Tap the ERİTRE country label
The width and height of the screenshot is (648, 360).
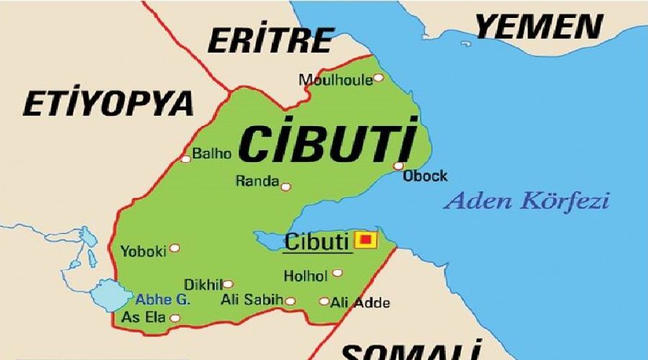coord(271,40)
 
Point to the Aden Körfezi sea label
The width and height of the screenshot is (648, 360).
coord(526,200)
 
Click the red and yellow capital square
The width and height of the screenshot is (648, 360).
coord(366,239)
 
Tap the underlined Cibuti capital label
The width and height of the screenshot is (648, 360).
coord(317,241)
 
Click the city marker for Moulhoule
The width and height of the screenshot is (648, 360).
coord(378,78)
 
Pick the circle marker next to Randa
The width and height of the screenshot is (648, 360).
coord(286,186)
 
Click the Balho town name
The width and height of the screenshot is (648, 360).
coord(212,153)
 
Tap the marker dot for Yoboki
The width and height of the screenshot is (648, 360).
coord(174,248)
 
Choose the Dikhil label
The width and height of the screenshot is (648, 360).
coord(202,284)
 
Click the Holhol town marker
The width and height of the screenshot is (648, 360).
coord(337,273)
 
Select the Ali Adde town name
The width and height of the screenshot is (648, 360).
coord(360,302)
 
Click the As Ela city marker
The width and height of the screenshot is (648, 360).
coord(174,317)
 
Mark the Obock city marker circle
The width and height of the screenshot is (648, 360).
coord(398,166)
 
